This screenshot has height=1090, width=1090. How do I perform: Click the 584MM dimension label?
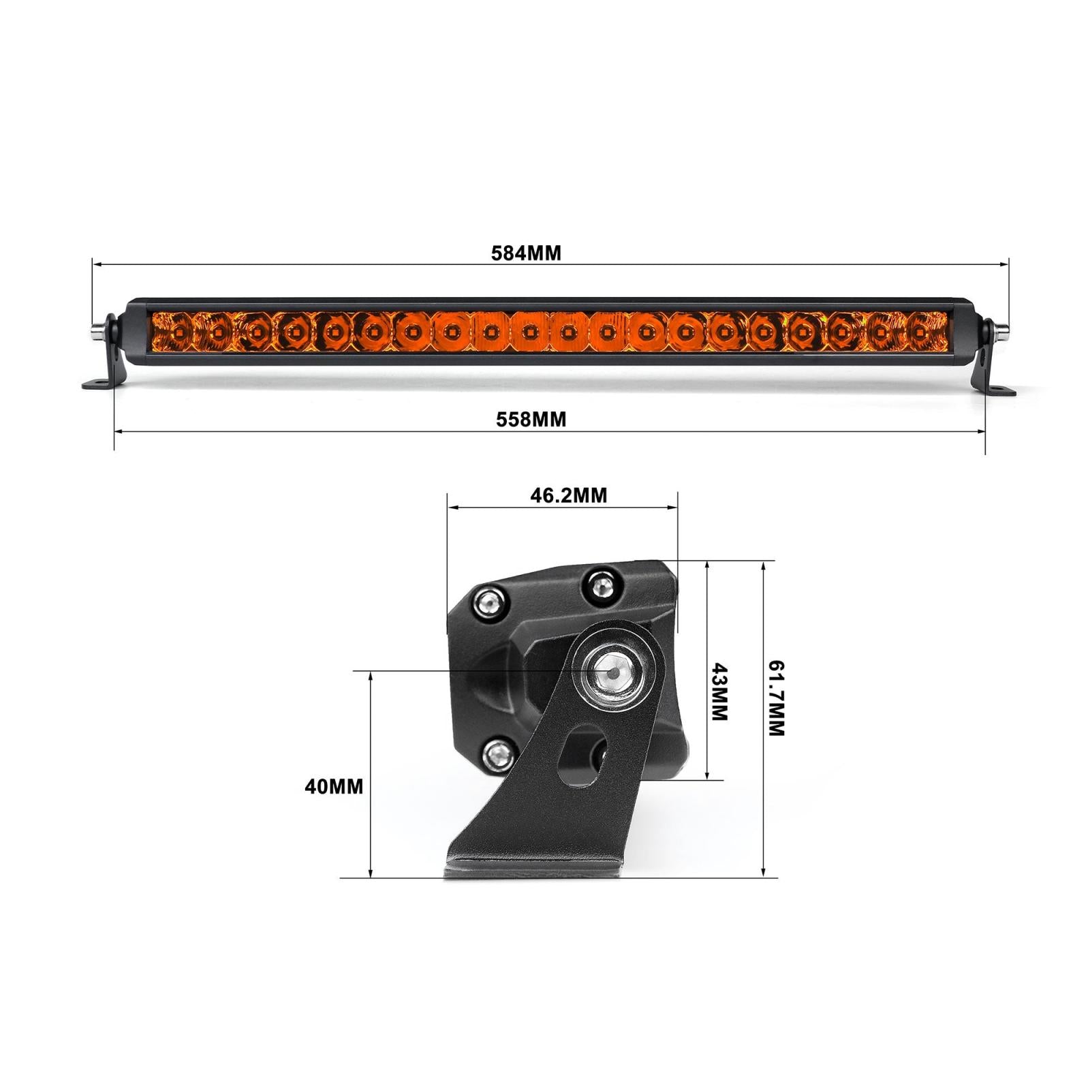tap(526, 253)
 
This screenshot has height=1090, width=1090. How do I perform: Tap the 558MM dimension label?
tap(531, 419)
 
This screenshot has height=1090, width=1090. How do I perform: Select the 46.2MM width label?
tap(568, 495)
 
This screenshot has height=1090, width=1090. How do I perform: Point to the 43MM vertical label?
tap(719, 692)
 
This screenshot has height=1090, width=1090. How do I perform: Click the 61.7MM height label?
tap(777, 698)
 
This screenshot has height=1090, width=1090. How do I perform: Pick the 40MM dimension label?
tap(334, 787)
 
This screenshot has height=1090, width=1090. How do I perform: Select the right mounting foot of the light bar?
tap(999, 388)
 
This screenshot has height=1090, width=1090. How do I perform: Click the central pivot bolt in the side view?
tap(613, 672)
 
